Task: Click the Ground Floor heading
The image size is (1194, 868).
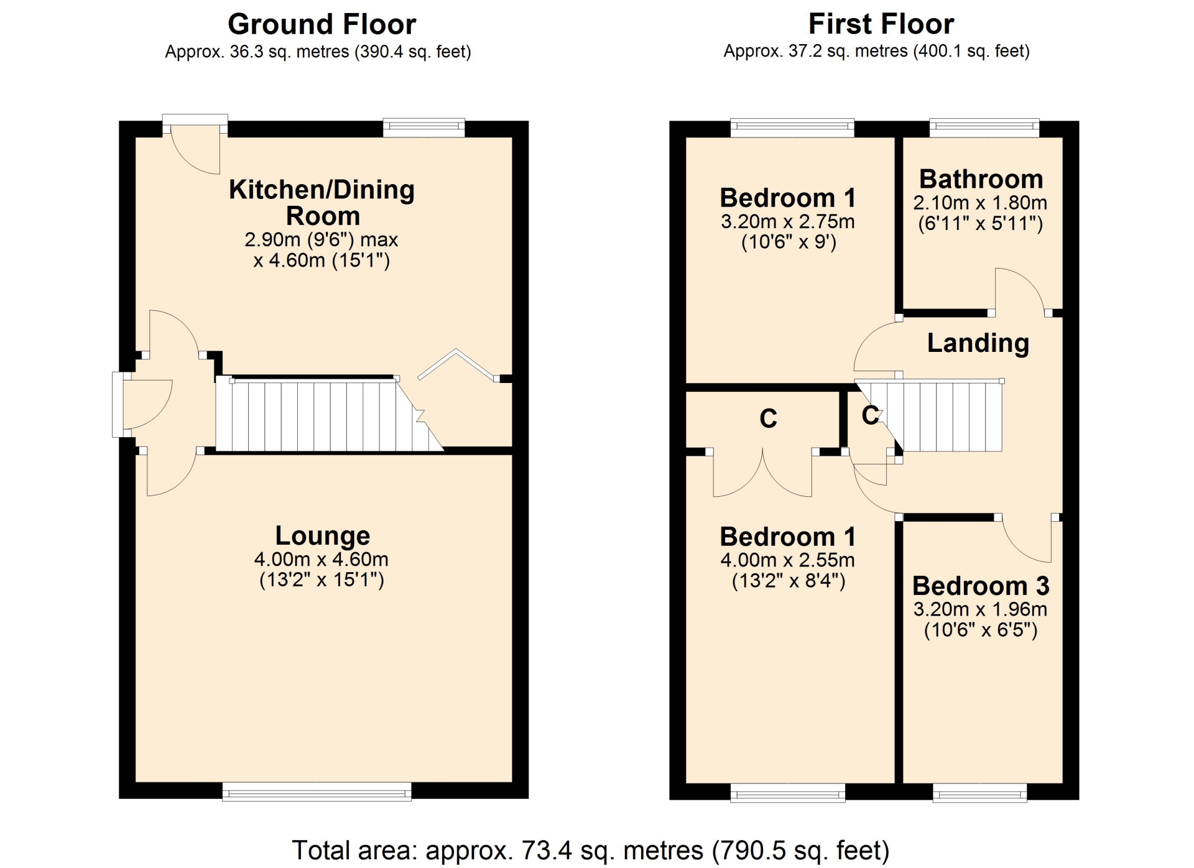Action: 322,25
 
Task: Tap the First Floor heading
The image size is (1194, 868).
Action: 881,24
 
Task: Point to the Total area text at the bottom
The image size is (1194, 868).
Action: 591,850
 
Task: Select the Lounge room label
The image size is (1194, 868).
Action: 323,535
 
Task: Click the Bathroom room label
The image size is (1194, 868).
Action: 981,179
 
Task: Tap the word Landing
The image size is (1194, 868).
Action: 978,343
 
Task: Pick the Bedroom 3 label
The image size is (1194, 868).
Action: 981,586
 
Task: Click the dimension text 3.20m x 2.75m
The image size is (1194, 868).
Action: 788,221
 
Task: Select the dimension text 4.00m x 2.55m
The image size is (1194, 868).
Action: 788,560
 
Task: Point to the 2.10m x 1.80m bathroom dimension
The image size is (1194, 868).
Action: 981,203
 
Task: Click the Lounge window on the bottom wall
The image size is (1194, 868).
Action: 317,792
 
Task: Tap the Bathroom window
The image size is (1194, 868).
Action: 984,127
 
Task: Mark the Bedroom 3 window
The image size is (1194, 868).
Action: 980,792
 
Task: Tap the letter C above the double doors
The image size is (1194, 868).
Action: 769,418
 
